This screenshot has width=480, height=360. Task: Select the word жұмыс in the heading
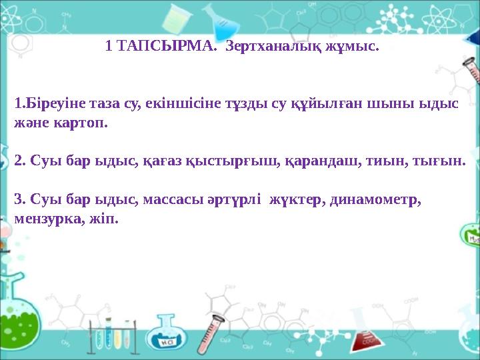[354, 47]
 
